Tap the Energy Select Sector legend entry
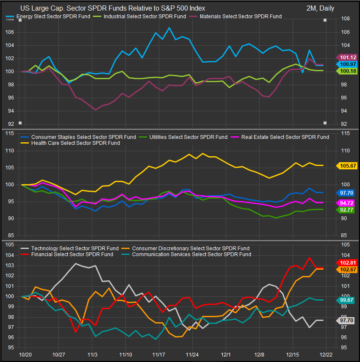(49, 17)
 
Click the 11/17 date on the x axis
(158, 354)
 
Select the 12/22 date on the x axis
(326, 354)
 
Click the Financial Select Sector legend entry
(67, 254)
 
